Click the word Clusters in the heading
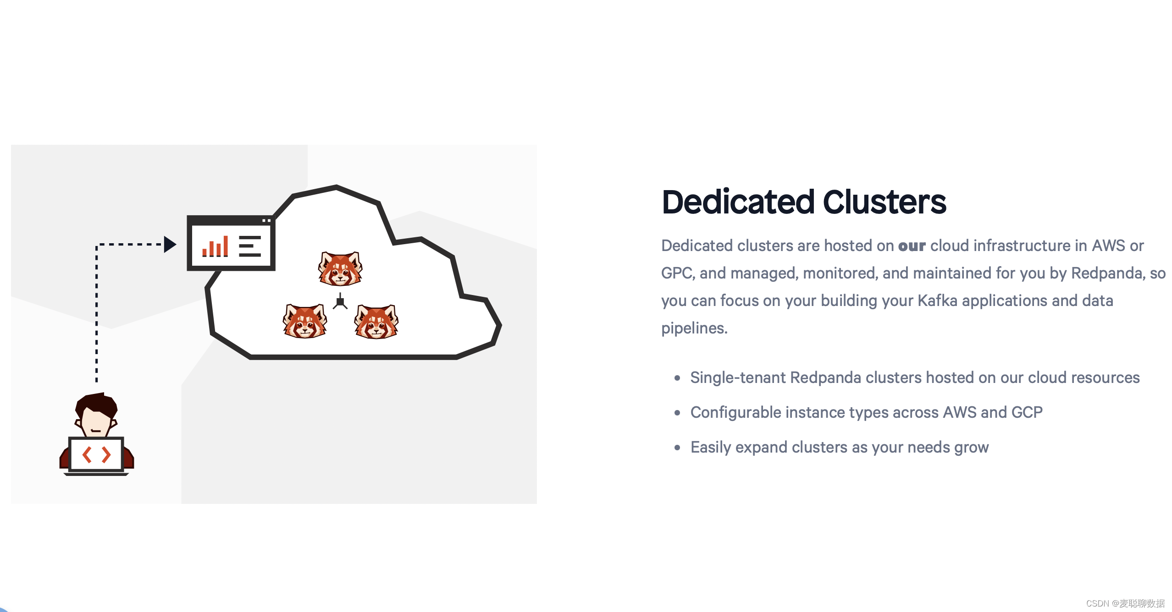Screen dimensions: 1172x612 (x=885, y=202)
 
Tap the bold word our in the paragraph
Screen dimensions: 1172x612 (x=912, y=246)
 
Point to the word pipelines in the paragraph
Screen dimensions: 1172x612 (x=694, y=328)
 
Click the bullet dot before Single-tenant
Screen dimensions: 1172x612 (x=677, y=378)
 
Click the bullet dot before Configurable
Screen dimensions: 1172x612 (x=677, y=413)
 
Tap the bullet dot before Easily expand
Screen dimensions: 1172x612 (x=677, y=448)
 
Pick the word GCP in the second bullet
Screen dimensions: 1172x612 (x=1027, y=412)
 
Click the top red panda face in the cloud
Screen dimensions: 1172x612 (x=340, y=268)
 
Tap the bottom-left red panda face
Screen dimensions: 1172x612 (x=305, y=322)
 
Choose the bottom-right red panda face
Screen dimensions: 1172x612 (x=376, y=322)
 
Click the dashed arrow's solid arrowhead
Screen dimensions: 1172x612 (x=170, y=244)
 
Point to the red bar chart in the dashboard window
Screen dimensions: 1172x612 (x=215, y=247)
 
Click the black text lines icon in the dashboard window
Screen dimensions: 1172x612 (x=250, y=246)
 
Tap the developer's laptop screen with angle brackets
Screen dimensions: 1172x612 (x=96, y=454)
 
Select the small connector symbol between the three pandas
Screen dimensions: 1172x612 (x=340, y=302)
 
